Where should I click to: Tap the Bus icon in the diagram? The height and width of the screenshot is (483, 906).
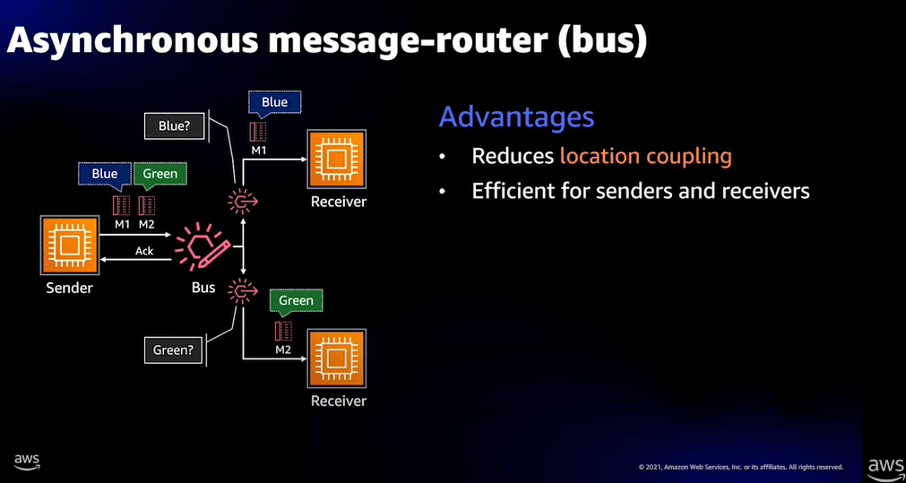[x=203, y=247]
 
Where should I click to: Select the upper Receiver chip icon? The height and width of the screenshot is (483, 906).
[x=336, y=160]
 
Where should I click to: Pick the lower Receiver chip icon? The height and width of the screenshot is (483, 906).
[x=336, y=359]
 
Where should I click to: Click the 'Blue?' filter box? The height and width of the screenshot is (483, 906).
[x=174, y=126]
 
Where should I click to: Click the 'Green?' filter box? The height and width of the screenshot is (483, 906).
[x=174, y=349]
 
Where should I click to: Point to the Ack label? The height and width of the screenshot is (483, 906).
[x=144, y=251]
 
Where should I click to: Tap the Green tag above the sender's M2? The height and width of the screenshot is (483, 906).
[x=160, y=174]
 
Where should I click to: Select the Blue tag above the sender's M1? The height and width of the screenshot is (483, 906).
[x=105, y=174]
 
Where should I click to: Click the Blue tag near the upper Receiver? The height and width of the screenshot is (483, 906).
[x=274, y=102]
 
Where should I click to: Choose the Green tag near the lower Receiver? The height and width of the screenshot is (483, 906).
[x=296, y=301]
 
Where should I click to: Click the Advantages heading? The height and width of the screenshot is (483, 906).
[x=516, y=116]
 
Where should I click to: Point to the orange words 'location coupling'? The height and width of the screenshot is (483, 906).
[x=645, y=156]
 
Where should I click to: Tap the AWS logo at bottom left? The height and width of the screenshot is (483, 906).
[x=27, y=462]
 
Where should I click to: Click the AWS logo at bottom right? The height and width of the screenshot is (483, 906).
[x=884, y=466]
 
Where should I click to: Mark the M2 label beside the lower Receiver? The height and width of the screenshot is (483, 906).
[x=283, y=349]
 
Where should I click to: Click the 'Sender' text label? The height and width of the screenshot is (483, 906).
[x=69, y=288]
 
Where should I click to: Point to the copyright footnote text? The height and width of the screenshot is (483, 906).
[x=741, y=467]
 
